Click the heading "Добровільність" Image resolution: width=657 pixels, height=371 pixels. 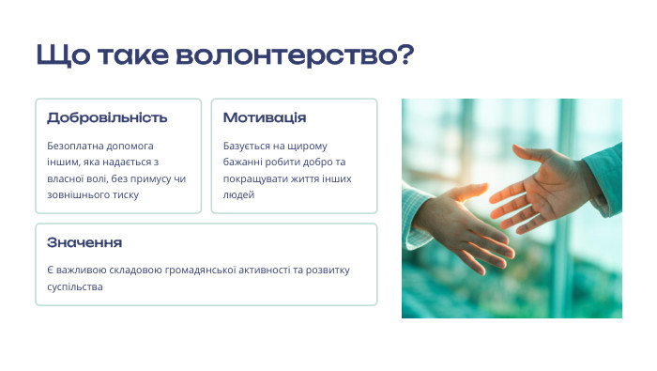107,117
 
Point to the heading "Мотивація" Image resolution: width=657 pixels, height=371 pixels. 265,117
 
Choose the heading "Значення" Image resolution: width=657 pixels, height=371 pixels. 84,242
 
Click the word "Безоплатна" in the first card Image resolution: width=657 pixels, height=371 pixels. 74,146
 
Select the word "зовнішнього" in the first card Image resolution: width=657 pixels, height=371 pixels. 76,194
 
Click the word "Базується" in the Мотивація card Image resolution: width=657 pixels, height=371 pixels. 246,146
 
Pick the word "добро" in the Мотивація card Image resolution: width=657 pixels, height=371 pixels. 316,162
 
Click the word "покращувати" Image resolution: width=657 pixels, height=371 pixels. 254,178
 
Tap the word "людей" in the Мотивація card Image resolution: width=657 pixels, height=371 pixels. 238,194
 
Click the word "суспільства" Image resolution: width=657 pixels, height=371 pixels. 74,286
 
